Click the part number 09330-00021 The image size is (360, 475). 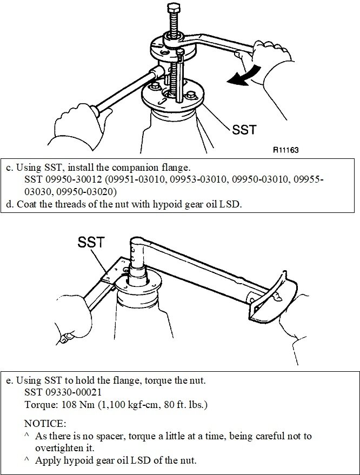(x=75, y=392)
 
